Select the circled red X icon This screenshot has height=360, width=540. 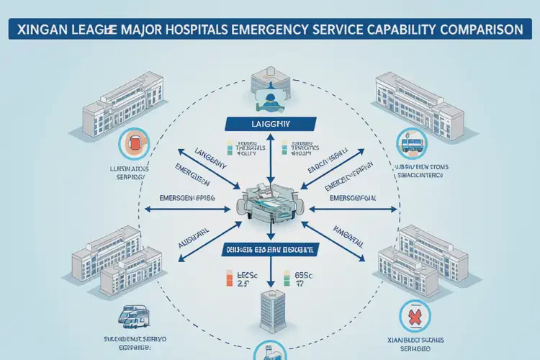point(415,318)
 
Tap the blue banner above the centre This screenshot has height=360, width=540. point(268,124)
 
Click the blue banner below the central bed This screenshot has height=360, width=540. point(269,249)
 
